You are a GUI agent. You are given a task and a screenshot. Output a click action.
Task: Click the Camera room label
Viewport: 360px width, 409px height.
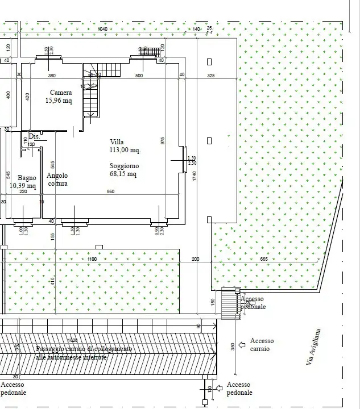tap(61, 93)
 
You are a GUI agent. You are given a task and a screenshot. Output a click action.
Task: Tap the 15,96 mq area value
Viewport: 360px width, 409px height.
tap(59, 101)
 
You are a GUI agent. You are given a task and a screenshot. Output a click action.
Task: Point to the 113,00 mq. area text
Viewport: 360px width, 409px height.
tap(125, 151)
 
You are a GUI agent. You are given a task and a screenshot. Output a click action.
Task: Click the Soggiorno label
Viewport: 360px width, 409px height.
tap(124, 166)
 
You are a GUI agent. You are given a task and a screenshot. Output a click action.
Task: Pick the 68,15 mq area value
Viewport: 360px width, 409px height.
tap(123, 174)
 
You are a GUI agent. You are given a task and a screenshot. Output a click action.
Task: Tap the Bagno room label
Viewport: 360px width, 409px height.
tap(26, 178)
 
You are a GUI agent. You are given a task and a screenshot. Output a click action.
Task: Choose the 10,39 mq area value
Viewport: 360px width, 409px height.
tap(23, 186)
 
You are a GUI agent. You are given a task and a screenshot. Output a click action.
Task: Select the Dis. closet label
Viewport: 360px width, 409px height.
tap(34, 136)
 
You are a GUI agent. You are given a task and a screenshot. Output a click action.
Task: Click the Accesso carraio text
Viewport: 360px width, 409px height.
tap(262, 344)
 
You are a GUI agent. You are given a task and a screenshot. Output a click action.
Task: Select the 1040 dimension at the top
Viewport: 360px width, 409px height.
tap(102, 28)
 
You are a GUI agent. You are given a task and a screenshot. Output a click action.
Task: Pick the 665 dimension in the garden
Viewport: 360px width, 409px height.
tap(264, 259)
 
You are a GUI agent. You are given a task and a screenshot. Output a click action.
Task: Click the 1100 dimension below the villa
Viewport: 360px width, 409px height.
tap(92, 259)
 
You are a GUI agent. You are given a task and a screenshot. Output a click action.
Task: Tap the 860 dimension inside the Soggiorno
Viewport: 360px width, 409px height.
tap(110, 192)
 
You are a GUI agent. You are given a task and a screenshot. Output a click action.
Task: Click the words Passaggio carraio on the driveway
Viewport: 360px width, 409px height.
tap(63, 348)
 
